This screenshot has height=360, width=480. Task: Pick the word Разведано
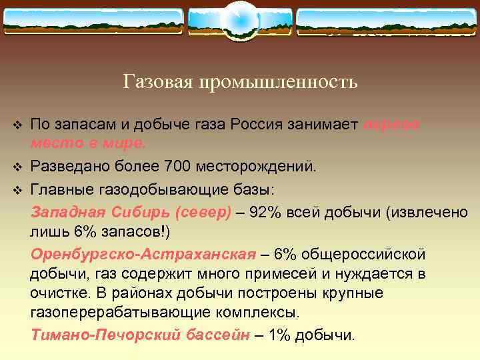tap(68, 165)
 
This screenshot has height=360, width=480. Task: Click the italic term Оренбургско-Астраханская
tap(143, 254)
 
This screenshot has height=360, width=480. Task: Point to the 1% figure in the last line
tap(279, 335)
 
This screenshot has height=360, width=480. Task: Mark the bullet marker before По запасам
tap(18, 125)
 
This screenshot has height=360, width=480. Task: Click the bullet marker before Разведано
tap(18, 165)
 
